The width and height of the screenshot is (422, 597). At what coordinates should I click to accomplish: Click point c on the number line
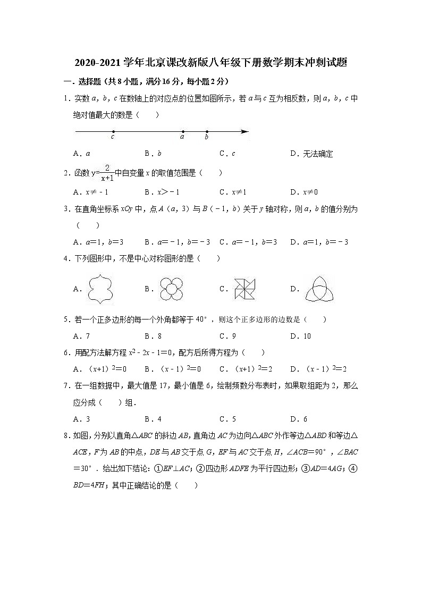tap(113, 131)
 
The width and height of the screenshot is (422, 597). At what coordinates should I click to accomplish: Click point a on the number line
tap(183, 131)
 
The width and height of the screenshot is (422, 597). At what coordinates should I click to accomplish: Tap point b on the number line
tap(207, 131)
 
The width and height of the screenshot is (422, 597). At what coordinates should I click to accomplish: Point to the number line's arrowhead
tap(244, 131)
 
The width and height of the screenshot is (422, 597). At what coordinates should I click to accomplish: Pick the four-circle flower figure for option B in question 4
tap(171, 289)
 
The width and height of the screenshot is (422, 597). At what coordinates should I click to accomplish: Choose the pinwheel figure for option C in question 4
tap(245, 289)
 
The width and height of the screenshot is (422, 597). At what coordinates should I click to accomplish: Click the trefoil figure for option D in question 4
tap(317, 289)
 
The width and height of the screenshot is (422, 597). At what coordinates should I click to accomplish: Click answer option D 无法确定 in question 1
tap(312, 154)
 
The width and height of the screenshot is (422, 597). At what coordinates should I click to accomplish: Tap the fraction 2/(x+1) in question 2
tap(107, 173)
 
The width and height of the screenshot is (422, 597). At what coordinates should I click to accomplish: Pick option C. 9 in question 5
tap(227, 336)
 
